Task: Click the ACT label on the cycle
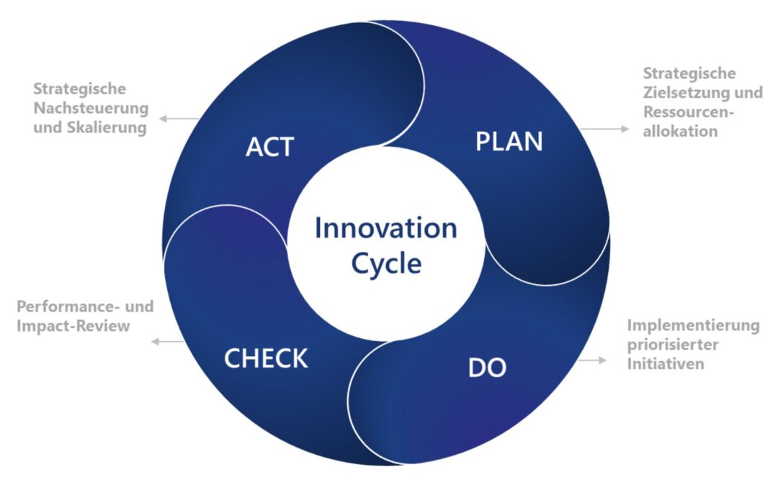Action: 270,147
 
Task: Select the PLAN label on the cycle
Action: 509,141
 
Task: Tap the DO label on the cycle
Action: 487,368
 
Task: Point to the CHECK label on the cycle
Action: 266,358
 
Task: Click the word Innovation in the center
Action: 386,228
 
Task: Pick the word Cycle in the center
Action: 387,263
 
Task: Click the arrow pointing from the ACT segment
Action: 179,119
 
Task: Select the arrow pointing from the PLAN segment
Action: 604,130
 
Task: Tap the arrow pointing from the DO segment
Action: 592,361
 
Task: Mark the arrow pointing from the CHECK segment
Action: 168,341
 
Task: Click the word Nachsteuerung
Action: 91,108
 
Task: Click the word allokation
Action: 680,131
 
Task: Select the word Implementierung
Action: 693,325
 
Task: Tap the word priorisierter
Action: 673,344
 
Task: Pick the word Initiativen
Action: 666,363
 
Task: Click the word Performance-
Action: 68,307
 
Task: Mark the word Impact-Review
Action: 73,326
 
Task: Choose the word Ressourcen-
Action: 689,112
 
